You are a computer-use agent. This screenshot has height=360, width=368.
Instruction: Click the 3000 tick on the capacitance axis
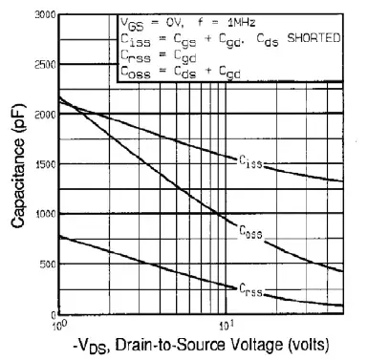pos(42,16)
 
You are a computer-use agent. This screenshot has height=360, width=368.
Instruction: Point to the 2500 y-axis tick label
pos(42,65)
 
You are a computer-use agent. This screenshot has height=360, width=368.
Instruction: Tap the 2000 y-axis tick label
pos(42,115)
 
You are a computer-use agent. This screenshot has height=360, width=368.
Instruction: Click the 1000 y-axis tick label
pos(42,215)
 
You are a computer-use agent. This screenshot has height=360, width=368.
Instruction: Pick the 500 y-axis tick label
pos(45,265)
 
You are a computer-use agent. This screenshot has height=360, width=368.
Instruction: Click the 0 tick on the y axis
pos(53,314)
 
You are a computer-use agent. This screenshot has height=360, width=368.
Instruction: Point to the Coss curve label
pos(250,232)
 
